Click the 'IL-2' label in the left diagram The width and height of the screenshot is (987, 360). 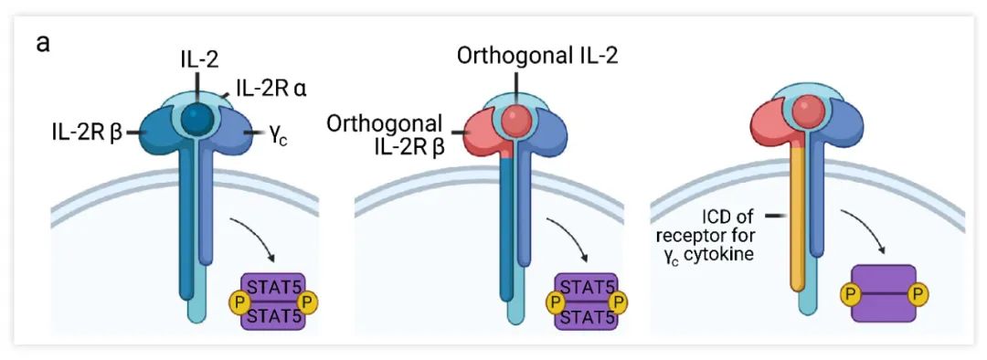pos(195,61)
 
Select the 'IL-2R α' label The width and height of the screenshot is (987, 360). pos(264,90)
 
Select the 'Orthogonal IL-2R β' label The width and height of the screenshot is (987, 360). pos(387,134)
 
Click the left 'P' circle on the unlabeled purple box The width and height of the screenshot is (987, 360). pos(850,293)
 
